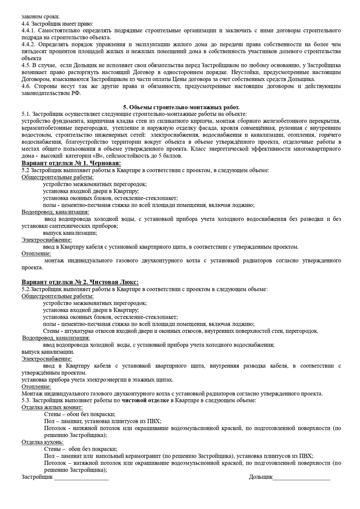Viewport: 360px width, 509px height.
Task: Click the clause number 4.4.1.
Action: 29,30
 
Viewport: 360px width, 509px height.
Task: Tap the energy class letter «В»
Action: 96,156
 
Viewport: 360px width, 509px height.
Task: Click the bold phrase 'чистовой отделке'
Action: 145,400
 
